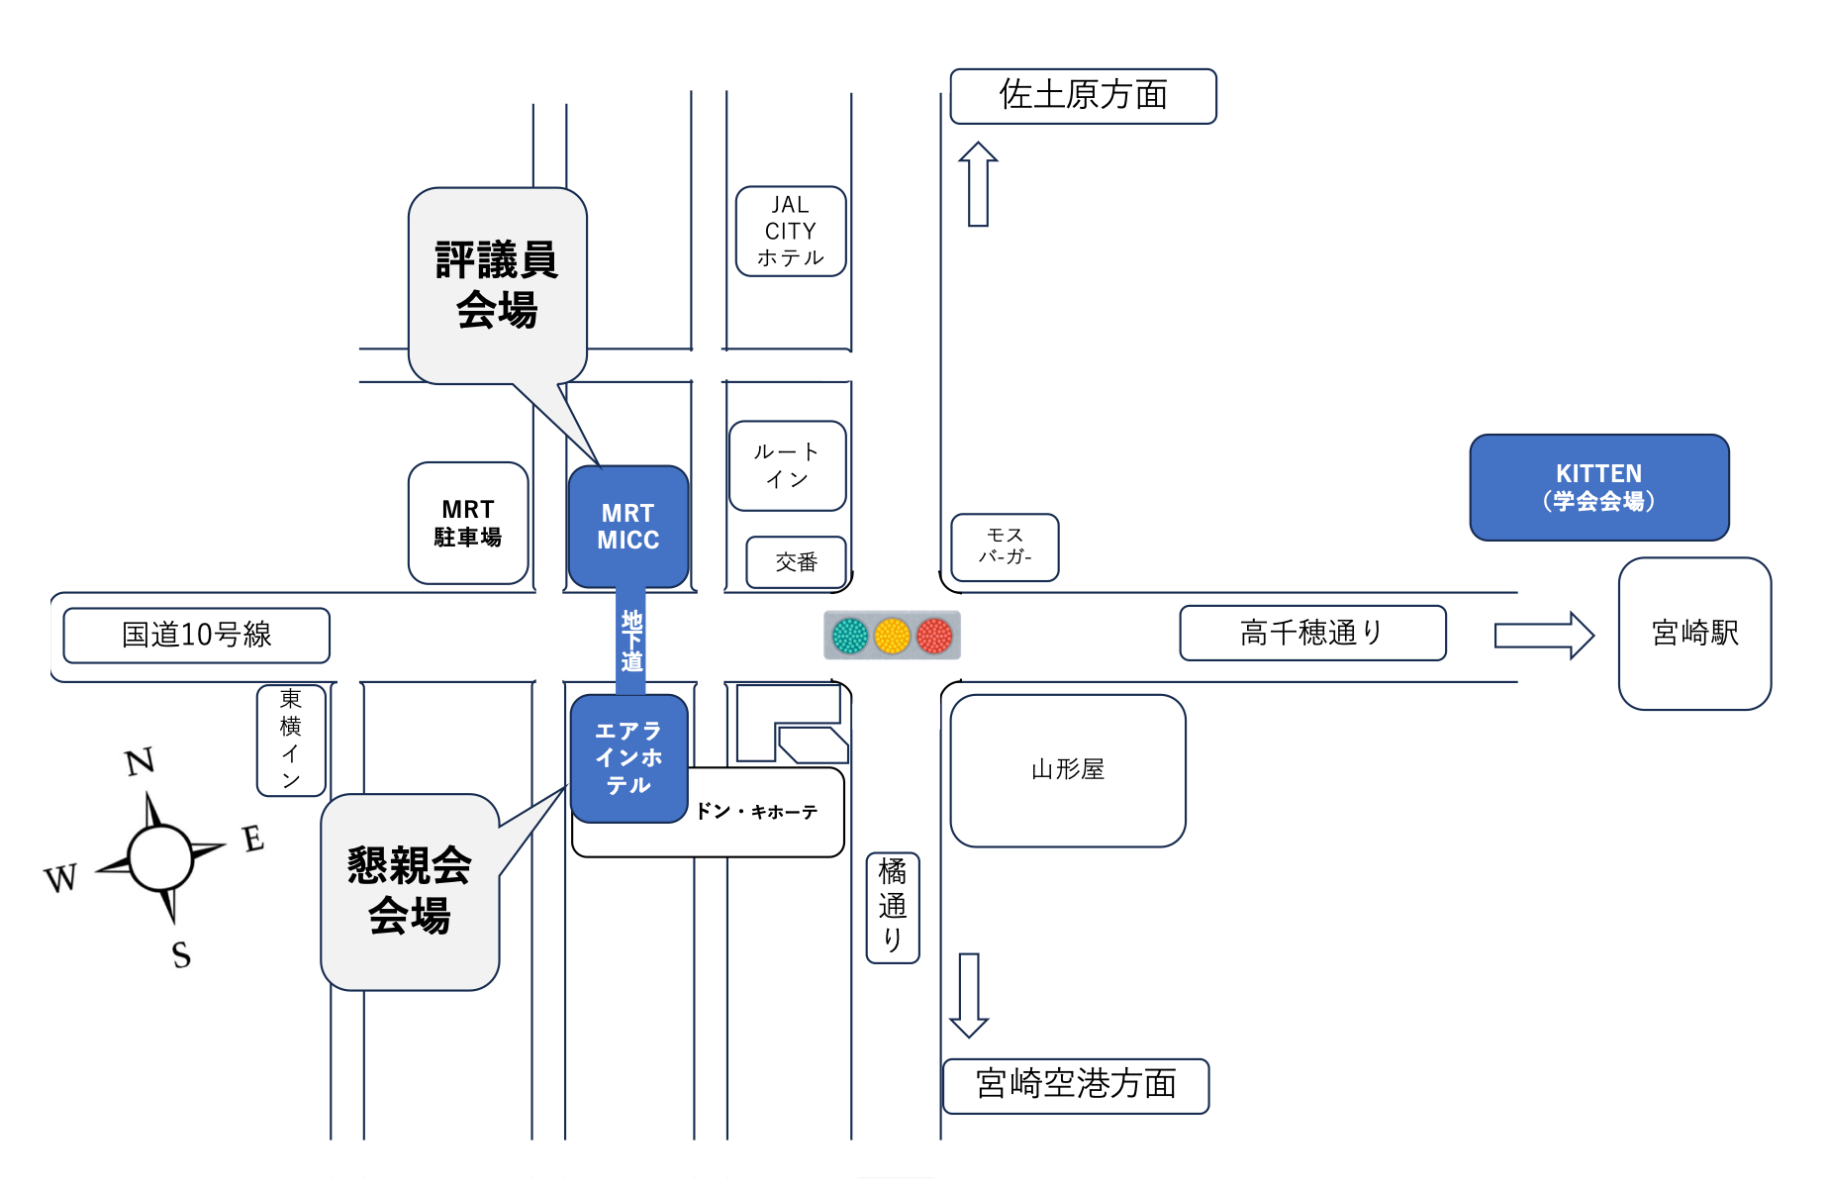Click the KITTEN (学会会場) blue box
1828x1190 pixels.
tap(1598, 487)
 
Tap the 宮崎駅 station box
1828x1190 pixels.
tap(1694, 634)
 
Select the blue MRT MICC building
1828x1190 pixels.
tap(627, 527)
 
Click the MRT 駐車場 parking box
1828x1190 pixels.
tap(468, 523)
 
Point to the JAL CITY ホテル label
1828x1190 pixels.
tap(791, 231)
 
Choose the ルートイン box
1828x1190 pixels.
tap(787, 465)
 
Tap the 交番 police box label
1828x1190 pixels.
tap(796, 562)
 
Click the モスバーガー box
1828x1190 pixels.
tap(1005, 546)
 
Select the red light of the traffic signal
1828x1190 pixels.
tap(934, 636)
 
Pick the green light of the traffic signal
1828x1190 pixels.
tap(850, 636)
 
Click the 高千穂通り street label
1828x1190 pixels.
tap(1312, 633)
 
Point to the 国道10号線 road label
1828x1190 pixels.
tap(196, 635)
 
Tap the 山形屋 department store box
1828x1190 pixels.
tap(1067, 770)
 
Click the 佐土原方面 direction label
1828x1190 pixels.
tap(1083, 96)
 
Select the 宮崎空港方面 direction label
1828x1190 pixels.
tap(1076, 1085)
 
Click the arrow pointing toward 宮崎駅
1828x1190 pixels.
tap(1543, 635)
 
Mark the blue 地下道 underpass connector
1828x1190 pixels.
tap(631, 642)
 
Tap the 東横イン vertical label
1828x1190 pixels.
tap(291, 740)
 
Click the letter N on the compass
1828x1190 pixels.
tap(140, 761)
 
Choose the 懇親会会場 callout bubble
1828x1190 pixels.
tap(410, 891)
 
